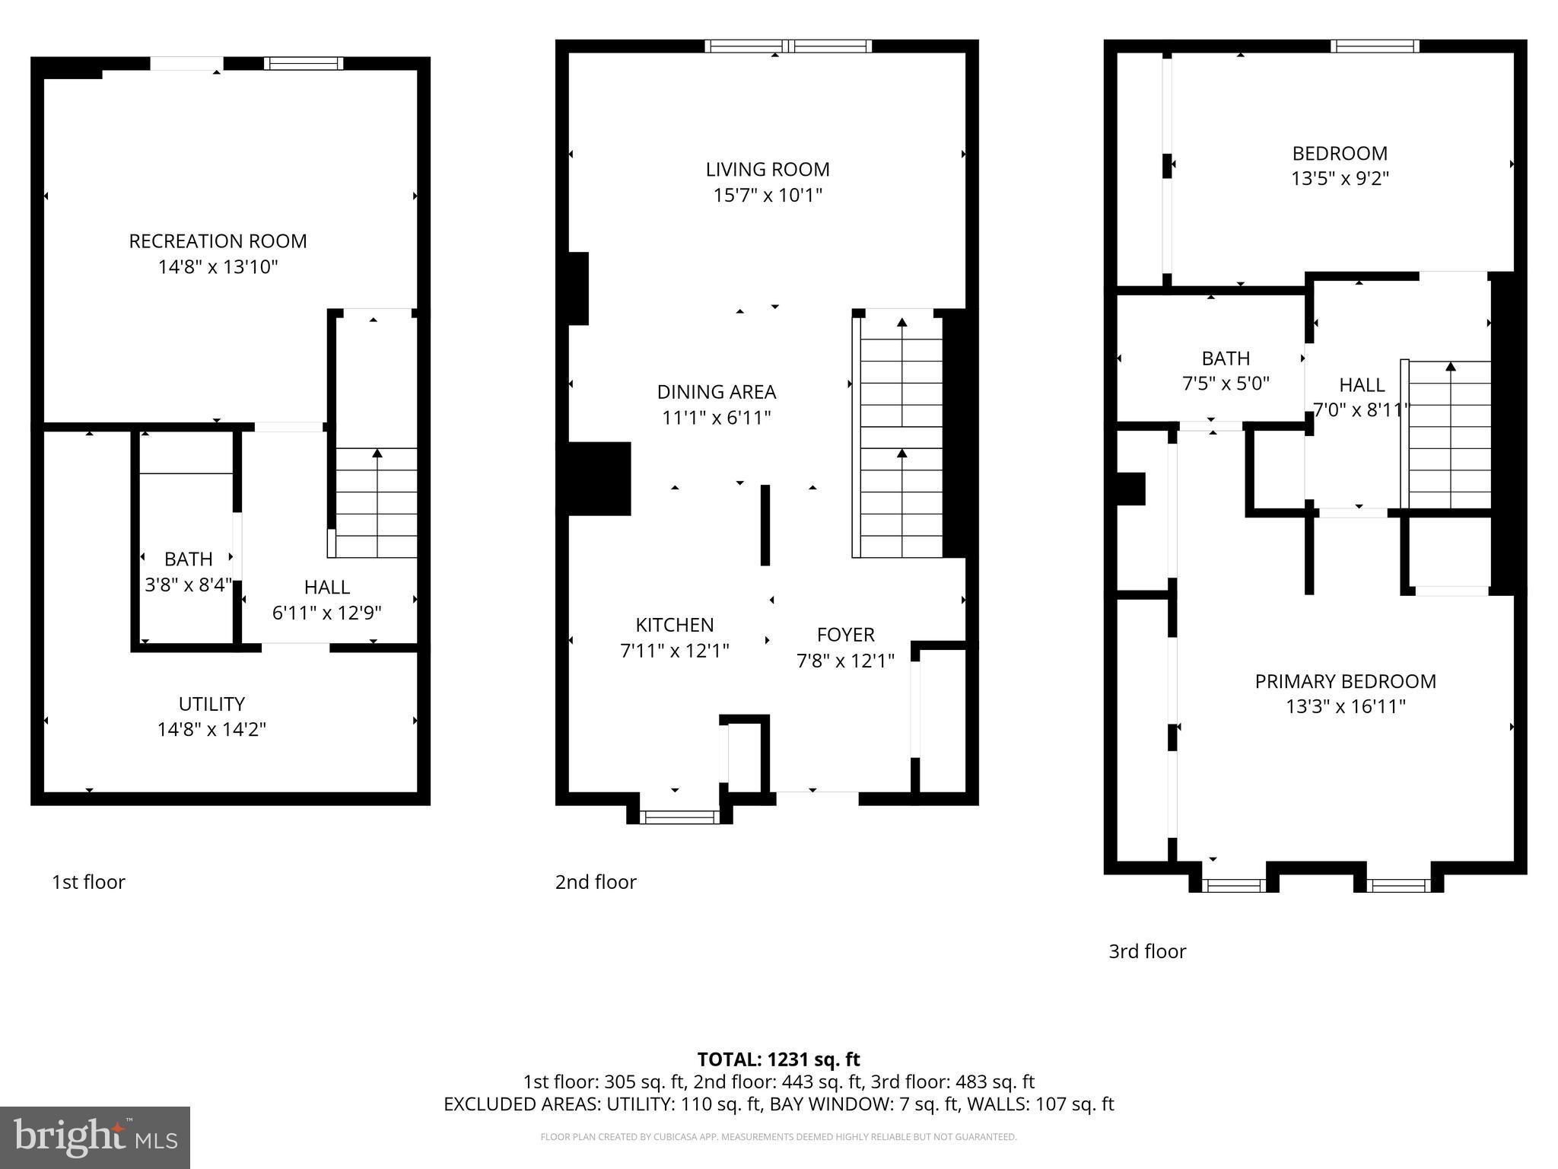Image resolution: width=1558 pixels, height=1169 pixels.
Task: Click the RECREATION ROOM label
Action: (x=218, y=241)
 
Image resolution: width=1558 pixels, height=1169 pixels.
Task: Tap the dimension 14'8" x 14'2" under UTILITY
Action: (x=211, y=729)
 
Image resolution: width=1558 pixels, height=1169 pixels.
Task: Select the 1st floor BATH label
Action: (x=188, y=559)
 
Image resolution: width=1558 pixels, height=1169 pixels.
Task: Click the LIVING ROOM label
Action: (x=767, y=169)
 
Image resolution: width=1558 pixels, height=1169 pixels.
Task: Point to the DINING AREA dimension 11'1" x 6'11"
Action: (x=716, y=418)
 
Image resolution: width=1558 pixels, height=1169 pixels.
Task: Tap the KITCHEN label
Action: (x=674, y=625)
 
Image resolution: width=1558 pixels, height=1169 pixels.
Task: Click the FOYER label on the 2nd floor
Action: (x=845, y=635)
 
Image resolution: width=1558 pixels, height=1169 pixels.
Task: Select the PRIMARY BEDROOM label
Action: (x=1345, y=681)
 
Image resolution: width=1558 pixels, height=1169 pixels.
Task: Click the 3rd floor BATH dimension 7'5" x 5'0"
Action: (x=1226, y=384)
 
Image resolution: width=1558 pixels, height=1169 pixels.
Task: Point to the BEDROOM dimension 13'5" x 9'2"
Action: (x=1340, y=179)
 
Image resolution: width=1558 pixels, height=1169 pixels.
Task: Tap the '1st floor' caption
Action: (x=88, y=882)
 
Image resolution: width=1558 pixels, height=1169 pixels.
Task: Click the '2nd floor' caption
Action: (x=596, y=882)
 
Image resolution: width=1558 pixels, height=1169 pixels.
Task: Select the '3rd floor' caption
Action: (x=1147, y=951)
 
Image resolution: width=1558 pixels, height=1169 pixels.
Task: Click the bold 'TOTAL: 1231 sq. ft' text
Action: (x=778, y=1059)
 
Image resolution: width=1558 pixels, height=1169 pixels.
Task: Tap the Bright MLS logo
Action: (x=95, y=1137)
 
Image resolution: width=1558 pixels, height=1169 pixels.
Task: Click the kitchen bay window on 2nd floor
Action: (x=679, y=817)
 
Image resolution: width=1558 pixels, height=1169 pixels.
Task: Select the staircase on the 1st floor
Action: (x=377, y=502)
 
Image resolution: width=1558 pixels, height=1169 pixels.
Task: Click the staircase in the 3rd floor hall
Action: (x=1450, y=434)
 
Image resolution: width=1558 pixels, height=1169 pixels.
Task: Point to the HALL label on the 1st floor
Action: (x=326, y=587)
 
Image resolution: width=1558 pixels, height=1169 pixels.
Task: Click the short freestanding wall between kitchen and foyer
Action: (x=765, y=525)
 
